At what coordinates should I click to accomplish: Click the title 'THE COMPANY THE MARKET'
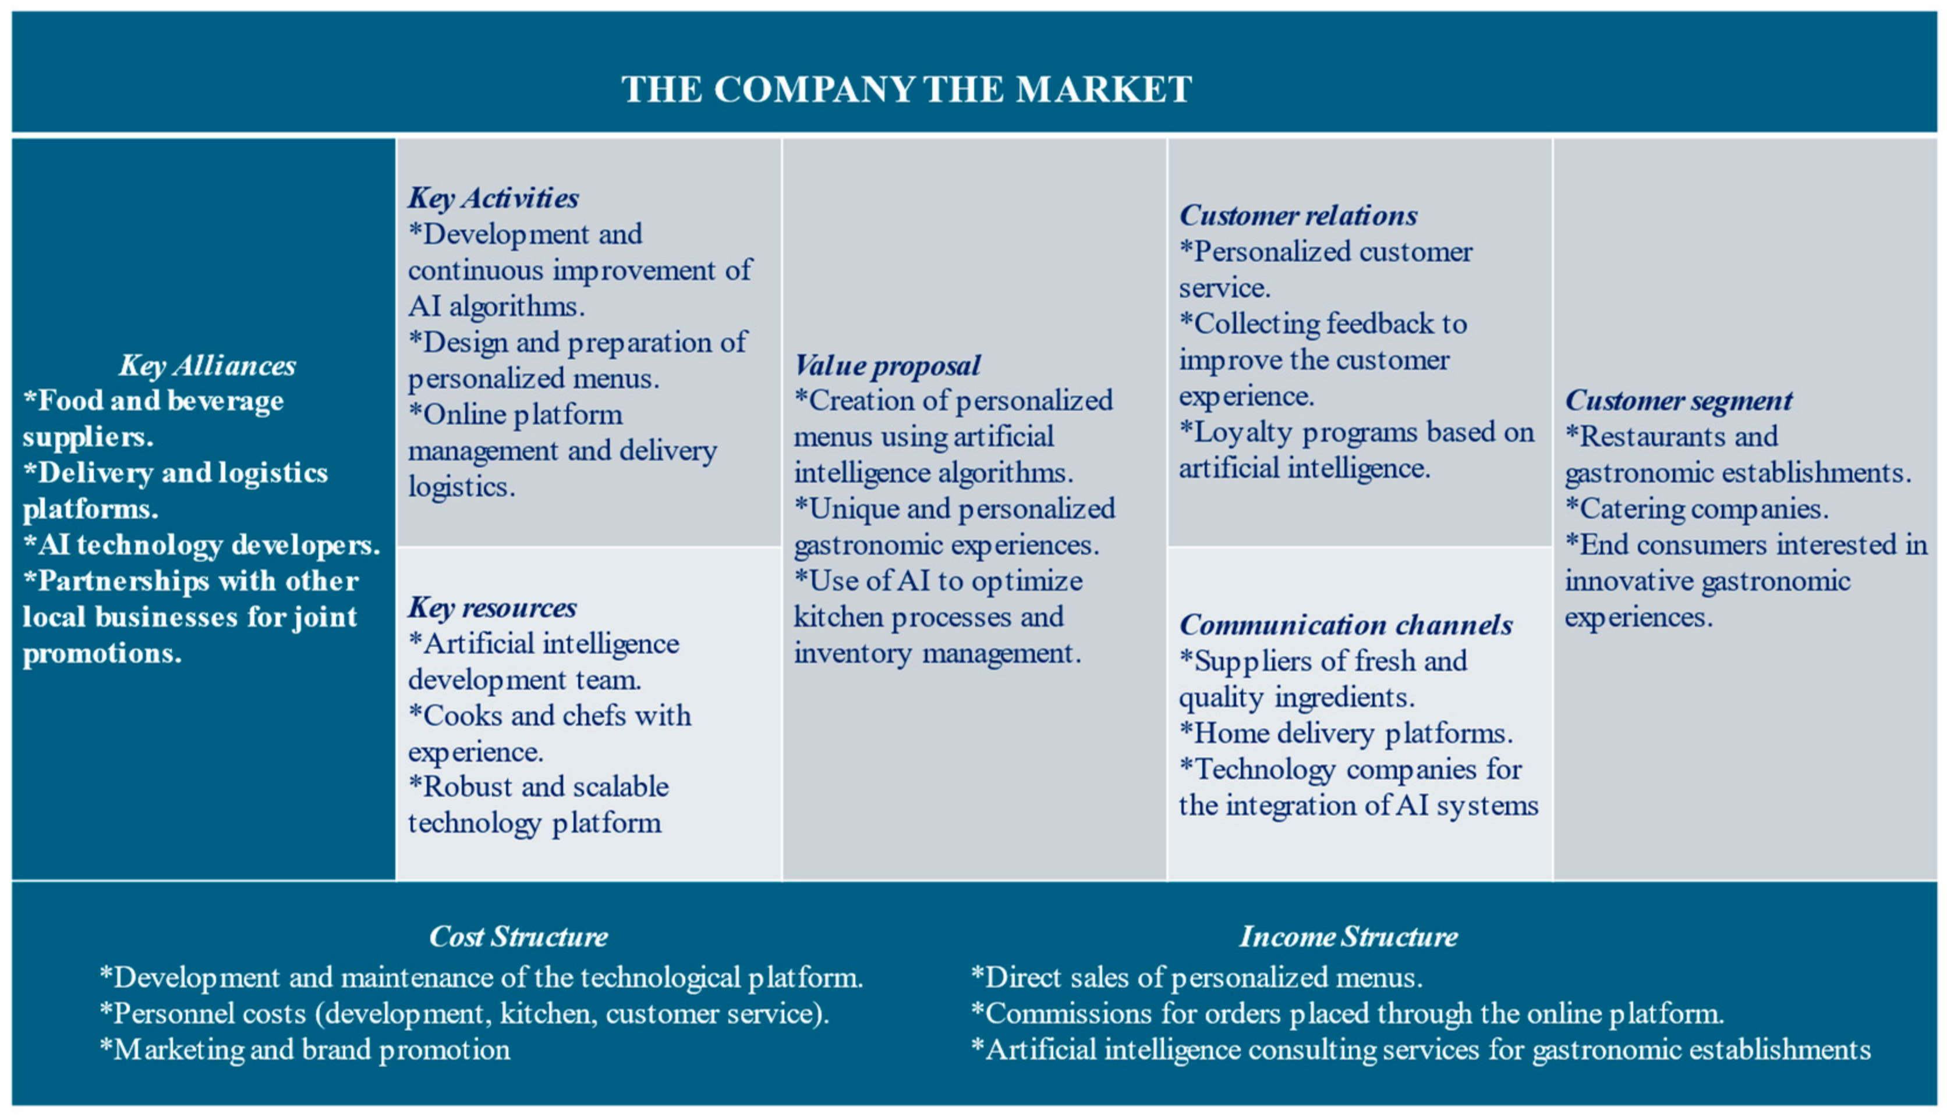907,89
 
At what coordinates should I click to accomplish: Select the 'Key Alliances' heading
207,365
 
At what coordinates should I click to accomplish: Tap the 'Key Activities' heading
493,198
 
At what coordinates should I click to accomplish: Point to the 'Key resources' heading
492,607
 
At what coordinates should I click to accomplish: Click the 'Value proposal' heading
887,365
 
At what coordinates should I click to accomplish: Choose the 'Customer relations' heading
1298,216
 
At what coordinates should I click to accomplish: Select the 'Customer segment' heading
1678,401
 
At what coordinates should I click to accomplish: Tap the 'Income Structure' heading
1348,937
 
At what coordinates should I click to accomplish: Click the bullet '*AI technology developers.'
201,545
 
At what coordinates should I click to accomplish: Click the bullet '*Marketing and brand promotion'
305,1050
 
